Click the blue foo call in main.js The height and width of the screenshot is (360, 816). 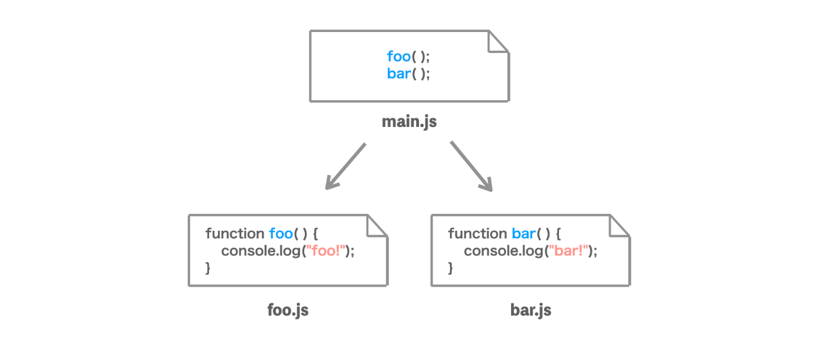click(x=399, y=57)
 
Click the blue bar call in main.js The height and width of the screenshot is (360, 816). click(x=399, y=73)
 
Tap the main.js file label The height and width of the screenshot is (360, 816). click(x=409, y=122)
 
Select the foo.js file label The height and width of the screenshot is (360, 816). click(x=288, y=310)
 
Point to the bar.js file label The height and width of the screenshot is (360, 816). click(x=531, y=310)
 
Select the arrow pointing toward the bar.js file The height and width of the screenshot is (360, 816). click(x=472, y=167)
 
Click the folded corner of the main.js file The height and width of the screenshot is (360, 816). click(x=498, y=42)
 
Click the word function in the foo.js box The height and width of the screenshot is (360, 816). click(x=235, y=234)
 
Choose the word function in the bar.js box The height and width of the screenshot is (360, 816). click(x=477, y=234)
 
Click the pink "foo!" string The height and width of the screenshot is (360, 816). click(x=325, y=250)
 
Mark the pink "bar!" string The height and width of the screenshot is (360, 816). click(x=568, y=250)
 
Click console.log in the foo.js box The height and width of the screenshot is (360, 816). click(x=261, y=251)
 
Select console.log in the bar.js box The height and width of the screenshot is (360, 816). click(x=504, y=251)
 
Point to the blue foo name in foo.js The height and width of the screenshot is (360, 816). click(x=281, y=234)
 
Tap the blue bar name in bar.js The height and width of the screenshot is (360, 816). click(x=524, y=234)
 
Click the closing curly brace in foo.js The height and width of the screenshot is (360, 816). click(x=208, y=268)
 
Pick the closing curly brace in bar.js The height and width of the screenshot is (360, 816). click(x=451, y=268)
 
